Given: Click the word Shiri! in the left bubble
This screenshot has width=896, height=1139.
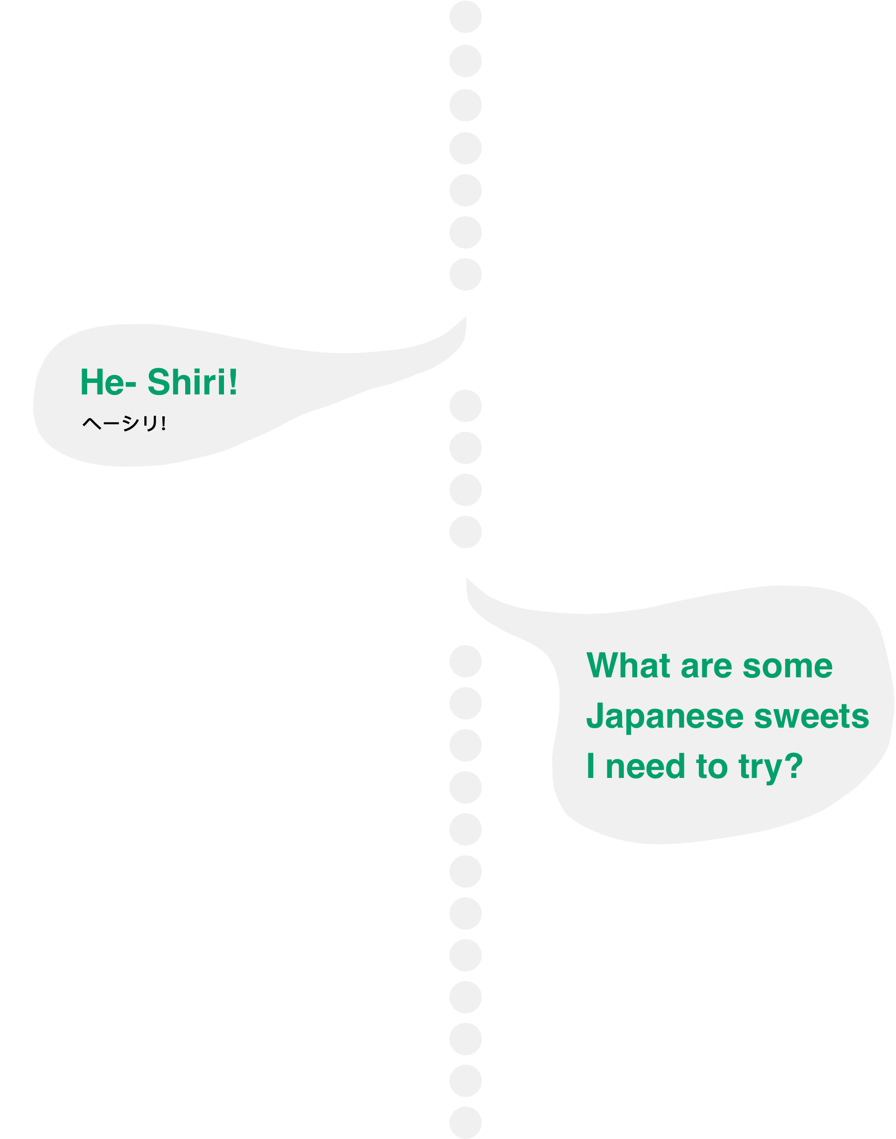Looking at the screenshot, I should (x=192, y=382).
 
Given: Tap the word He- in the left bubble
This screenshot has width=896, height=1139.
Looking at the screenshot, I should (x=108, y=382).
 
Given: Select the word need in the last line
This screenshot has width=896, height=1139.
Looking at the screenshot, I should (x=646, y=766).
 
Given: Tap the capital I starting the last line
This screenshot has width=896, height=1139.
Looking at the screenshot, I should (x=591, y=766).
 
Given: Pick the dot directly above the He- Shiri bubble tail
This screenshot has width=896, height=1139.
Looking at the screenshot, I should (x=465, y=274).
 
